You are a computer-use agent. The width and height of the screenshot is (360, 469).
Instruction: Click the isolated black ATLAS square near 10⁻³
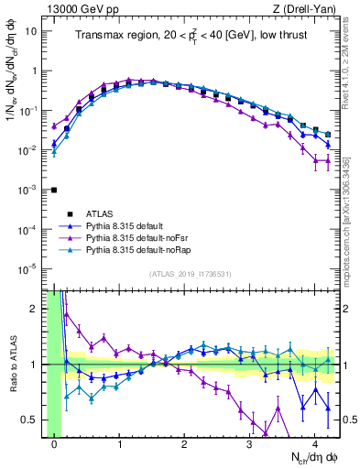pos(54,190)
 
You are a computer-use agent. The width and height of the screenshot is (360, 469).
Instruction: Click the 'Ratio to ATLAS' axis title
pos(16,364)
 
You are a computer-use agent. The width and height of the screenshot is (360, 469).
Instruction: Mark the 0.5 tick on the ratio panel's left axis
pos(36,420)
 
